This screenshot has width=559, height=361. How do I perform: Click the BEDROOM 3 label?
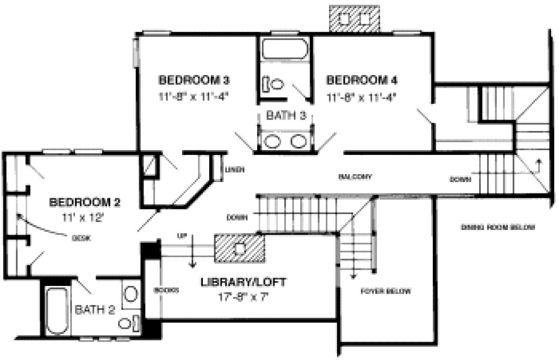[x=194, y=80]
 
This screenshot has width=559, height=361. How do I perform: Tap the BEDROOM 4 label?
[x=362, y=80]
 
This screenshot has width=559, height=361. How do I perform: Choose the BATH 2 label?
[x=95, y=310]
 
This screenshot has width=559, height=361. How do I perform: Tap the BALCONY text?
[x=355, y=177]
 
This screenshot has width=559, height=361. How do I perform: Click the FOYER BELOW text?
[x=386, y=291]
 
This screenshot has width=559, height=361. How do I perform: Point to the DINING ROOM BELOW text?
[x=498, y=227]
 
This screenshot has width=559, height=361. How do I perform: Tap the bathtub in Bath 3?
[x=285, y=49]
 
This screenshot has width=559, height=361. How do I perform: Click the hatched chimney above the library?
[x=240, y=249]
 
